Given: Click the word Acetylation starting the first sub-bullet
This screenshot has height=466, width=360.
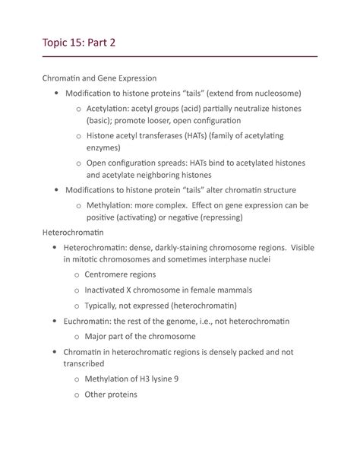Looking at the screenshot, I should tap(110, 108).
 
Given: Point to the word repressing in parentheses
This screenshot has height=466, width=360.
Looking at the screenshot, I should tap(216, 217).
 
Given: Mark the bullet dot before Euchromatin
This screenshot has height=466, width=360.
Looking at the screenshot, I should tap(55, 322).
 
